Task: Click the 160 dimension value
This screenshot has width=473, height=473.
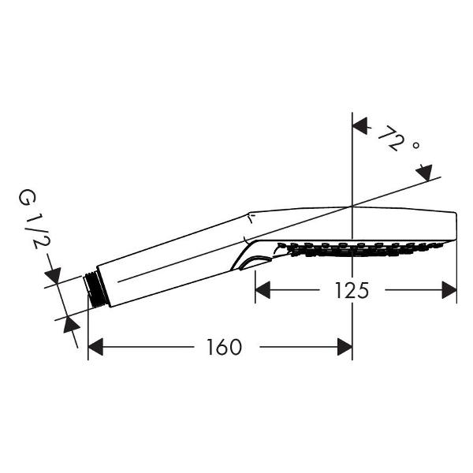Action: (224, 347)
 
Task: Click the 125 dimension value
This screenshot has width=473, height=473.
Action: (352, 290)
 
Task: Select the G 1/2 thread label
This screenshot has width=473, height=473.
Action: (33, 219)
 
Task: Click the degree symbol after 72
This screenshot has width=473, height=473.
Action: (415, 145)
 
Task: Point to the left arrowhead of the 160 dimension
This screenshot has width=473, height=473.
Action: (95, 347)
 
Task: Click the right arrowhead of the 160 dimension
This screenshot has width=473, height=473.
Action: (345, 347)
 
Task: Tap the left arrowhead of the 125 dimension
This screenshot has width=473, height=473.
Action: (263, 290)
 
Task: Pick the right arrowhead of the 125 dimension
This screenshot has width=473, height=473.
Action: (449, 290)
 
